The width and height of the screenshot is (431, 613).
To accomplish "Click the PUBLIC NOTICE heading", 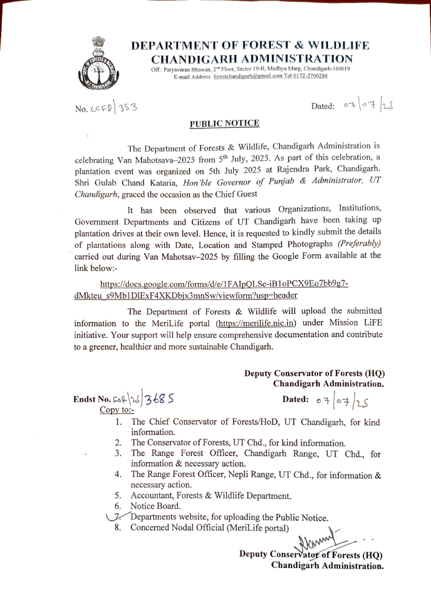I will click(224, 123).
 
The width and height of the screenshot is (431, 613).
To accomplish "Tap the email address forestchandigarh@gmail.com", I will click(248, 76).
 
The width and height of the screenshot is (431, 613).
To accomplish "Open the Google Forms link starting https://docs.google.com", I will click(211, 289).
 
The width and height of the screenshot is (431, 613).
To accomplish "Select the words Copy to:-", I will click(117, 410).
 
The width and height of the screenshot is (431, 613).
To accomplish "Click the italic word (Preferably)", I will click(359, 244).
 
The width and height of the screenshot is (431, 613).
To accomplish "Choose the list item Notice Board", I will click(155, 506).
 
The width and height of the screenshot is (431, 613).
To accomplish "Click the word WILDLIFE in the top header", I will click(338, 45).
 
